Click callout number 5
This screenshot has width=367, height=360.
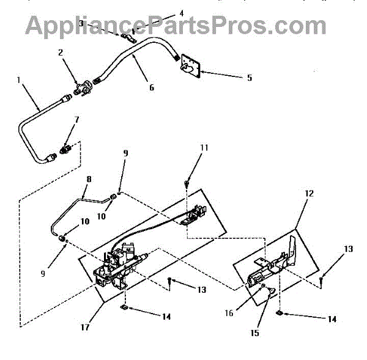tap(232, 78)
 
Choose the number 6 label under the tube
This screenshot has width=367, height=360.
tap(151, 87)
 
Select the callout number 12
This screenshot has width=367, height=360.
tap(309, 193)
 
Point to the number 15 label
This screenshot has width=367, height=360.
tap(254, 332)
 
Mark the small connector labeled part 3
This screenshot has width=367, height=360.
tap(127, 37)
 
